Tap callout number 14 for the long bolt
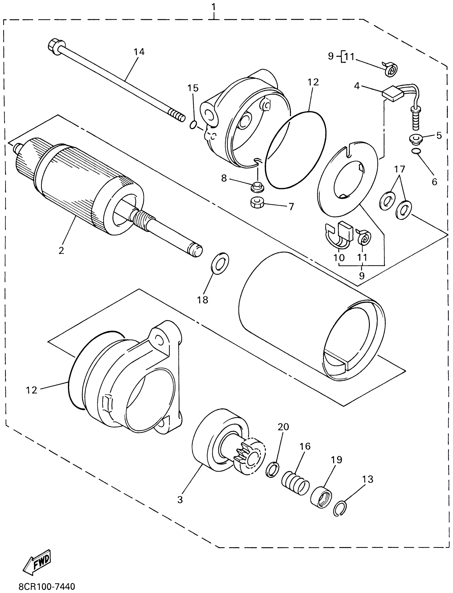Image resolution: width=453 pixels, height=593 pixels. pos(139,52)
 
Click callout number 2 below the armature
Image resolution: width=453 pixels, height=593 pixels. pos(62,250)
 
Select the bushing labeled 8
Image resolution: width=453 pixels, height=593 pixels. pos(257,187)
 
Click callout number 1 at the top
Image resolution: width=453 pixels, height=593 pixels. pos(214,7)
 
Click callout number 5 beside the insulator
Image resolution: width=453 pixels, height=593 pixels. pos(439,136)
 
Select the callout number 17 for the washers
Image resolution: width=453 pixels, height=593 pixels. pos(400,169)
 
